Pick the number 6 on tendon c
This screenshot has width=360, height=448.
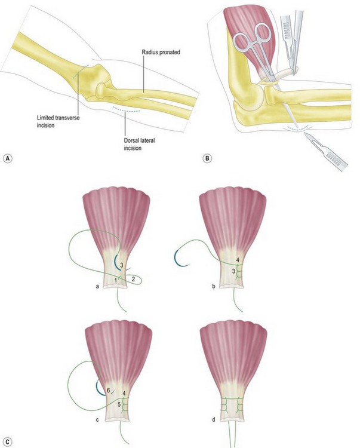point(108,389)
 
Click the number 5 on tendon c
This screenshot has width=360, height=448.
point(119,404)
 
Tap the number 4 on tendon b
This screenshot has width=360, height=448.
point(238,260)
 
